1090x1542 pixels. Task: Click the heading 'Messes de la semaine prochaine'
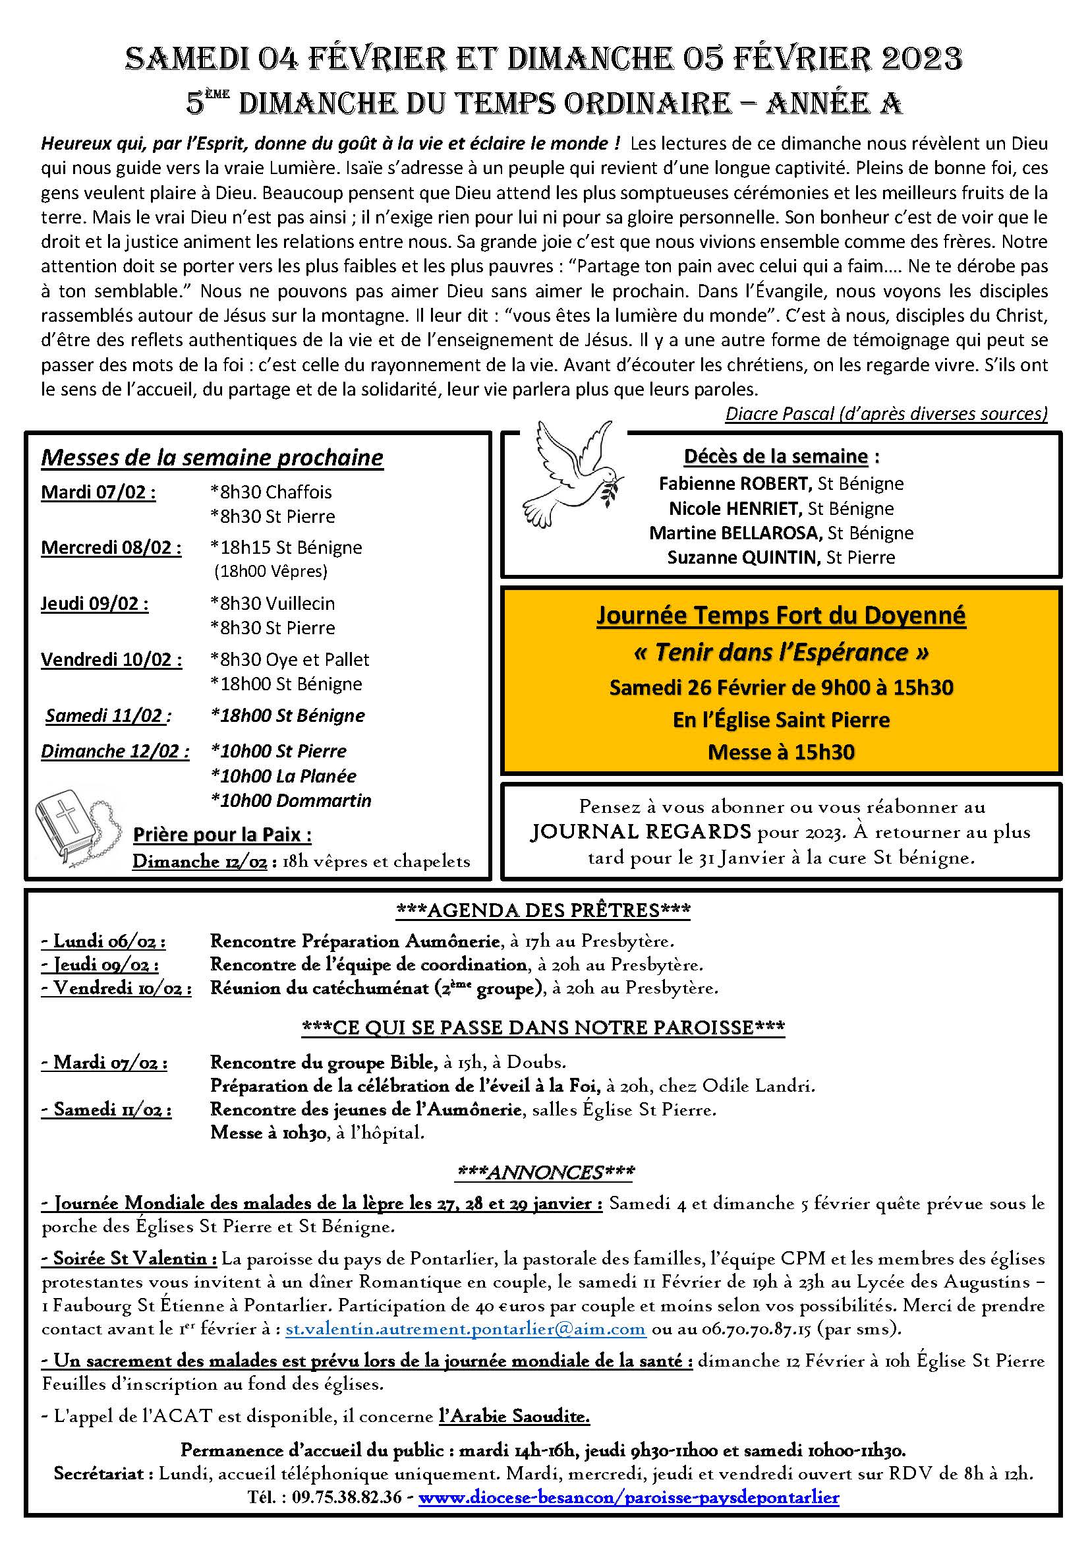tap(212, 458)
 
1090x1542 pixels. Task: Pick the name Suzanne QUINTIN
tap(743, 558)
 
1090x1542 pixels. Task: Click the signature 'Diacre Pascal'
tap(779, 414)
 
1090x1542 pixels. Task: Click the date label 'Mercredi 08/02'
tap(111, 547)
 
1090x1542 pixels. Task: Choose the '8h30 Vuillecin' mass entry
tap(273, 603)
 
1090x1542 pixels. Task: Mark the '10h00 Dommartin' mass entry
tap(291, 800)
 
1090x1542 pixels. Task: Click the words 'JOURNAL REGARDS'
tap(640, 832)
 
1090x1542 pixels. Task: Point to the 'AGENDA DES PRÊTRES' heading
tap(544, 910)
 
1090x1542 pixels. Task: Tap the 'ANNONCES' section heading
tap(544, 1173)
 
